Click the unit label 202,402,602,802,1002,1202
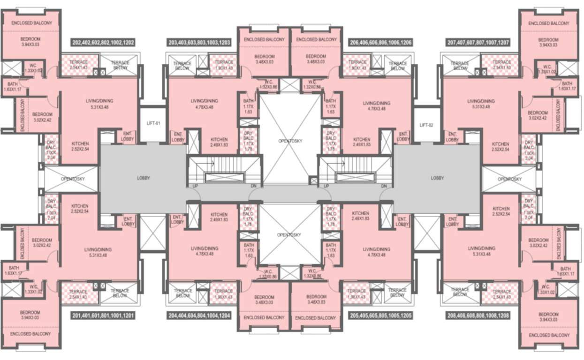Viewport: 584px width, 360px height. click(103, 43)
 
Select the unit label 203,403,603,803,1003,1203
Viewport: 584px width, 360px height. click(199, 43)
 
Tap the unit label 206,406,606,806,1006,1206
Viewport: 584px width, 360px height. click(381, 43)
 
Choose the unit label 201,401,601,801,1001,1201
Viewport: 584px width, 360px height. click(103, 316)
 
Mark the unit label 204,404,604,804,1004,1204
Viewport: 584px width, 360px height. click(199, 316)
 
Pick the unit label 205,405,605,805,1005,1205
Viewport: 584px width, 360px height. click(381, 316)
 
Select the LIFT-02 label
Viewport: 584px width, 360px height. click(427, 125)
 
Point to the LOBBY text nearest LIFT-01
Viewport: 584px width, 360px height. click(144, 178)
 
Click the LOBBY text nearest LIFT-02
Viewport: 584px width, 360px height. click(437, 178)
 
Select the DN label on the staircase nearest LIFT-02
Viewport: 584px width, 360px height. click(384, 187)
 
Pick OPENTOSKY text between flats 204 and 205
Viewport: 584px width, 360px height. click(290, 234)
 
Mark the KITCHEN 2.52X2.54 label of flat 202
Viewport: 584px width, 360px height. click(80, 146)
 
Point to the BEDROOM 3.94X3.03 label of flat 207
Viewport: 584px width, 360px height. click(548, 43)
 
